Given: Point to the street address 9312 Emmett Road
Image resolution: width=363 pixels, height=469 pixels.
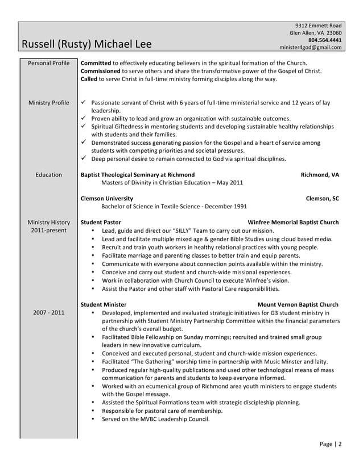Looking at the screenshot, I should click(318, 26).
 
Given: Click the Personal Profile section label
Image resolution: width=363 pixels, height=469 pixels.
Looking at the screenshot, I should click(48, 62).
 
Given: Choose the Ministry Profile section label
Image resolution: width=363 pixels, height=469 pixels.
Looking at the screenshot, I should click(48, 103).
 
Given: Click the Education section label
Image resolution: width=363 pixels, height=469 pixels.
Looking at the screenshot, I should click(48, 175).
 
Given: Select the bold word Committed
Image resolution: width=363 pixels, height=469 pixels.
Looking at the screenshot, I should click(96, 62).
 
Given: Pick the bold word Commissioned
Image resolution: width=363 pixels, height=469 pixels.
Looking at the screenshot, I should click(101, 71).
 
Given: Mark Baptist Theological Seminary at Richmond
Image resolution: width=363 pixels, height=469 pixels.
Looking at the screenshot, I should click(138, 175).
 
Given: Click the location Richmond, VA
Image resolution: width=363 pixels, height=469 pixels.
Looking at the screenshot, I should click(319, 175).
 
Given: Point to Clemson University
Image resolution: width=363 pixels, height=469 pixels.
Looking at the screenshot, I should click(107, 199).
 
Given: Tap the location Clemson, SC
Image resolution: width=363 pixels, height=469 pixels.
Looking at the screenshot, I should click(322, 199).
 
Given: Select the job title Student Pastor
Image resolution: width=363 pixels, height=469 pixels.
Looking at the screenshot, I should click(101, 223).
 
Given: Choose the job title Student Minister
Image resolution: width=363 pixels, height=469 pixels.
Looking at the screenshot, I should click(104, 304).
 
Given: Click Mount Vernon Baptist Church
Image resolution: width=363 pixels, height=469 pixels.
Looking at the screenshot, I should click(298, 304).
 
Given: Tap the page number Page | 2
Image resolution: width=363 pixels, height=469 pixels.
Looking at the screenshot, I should click(331, 444).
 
